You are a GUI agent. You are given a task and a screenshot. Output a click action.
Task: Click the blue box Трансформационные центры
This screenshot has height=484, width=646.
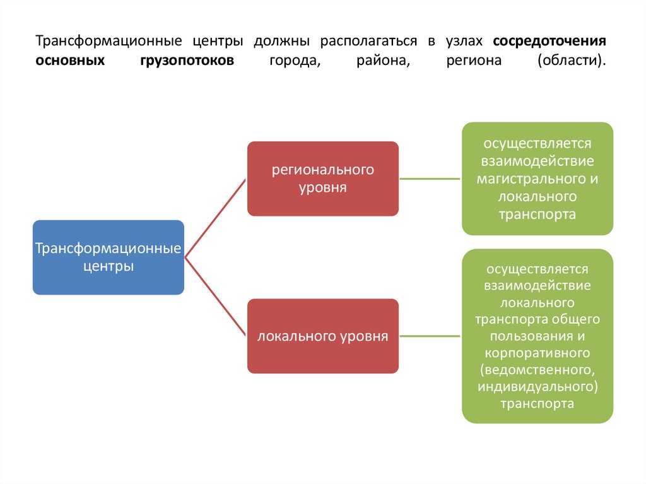click(108, 257)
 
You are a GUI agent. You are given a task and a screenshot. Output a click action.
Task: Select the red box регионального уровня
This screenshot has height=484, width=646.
click(322, 179)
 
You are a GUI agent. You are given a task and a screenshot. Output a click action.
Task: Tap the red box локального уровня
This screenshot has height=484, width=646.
click(322, 336)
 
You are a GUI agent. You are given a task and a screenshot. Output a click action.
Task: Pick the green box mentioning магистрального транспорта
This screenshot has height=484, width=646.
click(537, 179)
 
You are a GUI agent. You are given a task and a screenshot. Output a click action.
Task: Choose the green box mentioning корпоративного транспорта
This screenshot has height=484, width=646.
click(537, 336)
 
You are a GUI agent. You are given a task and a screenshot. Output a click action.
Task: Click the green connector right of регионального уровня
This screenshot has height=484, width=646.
click(430, 179)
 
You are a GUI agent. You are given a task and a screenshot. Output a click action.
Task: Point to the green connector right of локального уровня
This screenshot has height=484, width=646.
click(430, 336)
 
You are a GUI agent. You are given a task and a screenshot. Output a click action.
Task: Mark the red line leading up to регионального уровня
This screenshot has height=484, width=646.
click(214, 218)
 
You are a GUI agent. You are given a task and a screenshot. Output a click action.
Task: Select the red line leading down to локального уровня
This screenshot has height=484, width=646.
click(214, 297)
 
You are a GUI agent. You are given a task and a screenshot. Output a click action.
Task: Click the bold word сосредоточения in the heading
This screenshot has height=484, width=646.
click(549, 42)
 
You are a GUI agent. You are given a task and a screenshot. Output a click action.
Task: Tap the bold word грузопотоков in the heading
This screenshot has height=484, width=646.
click(187, 61)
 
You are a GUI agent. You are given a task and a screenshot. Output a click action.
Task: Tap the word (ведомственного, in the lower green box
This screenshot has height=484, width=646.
click(537, 368)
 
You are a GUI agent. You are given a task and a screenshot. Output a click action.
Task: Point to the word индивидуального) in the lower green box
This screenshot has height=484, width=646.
click(537, 386)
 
